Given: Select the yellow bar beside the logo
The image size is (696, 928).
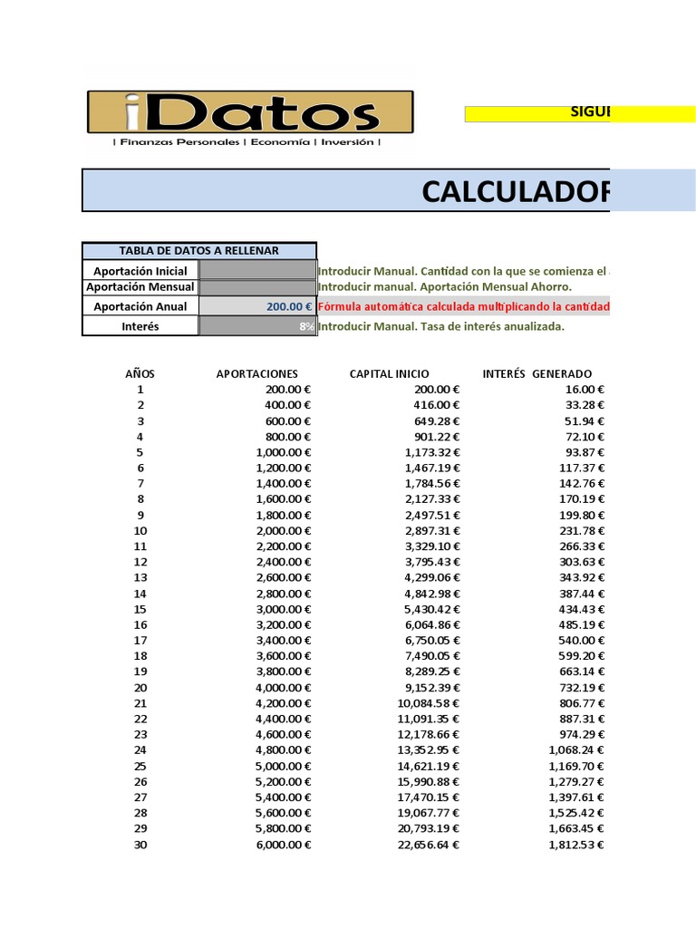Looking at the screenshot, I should [536, 113].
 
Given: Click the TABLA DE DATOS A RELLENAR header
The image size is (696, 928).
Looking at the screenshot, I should [199, 251].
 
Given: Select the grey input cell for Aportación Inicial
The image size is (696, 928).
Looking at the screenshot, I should [257, 270].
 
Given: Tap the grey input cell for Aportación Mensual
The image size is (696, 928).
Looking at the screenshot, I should [257, 287].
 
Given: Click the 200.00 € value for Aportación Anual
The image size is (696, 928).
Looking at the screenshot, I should [289, 307].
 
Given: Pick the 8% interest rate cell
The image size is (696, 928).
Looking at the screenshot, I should [306, 327].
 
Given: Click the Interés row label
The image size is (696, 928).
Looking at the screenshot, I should [140, 326].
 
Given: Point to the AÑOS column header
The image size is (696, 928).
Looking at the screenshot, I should [140, 373].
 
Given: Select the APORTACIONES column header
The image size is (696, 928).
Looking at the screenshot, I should [256, 373].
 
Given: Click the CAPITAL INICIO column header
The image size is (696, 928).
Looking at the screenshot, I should [390, 373].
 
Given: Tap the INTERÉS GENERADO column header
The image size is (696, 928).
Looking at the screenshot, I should [537, 373].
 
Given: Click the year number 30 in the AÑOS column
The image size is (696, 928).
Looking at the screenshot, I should [140, 845].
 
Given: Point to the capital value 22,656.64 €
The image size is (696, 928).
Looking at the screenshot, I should [424, 845].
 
